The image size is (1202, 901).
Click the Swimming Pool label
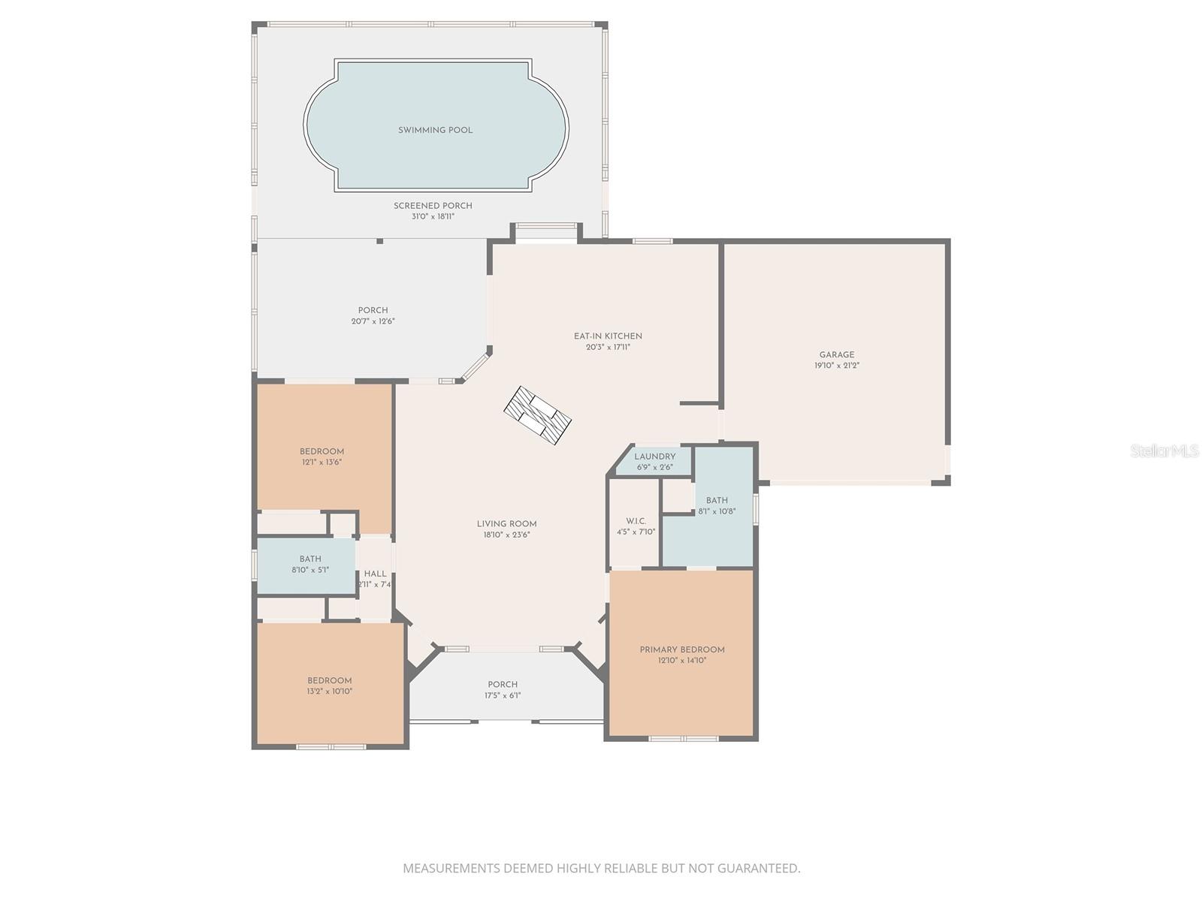pyautogui.click(x=435, y=130)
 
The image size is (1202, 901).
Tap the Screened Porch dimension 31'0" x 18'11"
pyautogui.click(x=433, y=216)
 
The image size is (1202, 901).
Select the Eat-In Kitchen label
pyautogui.click(x=608, y=336)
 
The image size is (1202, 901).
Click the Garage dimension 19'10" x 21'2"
pyautogui.click(x=836, y=366)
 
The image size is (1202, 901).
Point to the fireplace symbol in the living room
pyautogui.click(x=537, y=415)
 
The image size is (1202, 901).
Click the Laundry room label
pyautogui.click(x=654, y=456)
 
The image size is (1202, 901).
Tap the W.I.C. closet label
pyautogui.click(x=636, y=521)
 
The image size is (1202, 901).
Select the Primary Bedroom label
pyautogui.click(x=681, y=649)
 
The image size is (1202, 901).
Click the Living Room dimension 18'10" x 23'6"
pyautogui.click(x=506, y=535)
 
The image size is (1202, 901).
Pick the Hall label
pyautogui.click(x=375, y=574)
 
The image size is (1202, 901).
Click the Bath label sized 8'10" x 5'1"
pyautogui.click(x=310, y=559)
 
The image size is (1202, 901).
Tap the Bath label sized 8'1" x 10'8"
pyautogui.click(x=717, y=500)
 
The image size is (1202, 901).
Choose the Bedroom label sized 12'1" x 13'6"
pyautogui.click(x=322, y=451)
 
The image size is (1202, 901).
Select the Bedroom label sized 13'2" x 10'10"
pyautogui.click(x=329, y=680)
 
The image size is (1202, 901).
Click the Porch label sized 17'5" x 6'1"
pyautogui.click(x=503, y=684)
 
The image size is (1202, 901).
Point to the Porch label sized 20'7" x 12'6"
pyautogui.click(x=373, y=310)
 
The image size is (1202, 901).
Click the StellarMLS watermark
pyautogui.click(x=1164, y=450)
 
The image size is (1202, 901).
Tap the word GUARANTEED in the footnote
pyautogui.click(x=758, y=869)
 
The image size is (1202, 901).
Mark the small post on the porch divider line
pyautogui.click(x=379, y=241)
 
